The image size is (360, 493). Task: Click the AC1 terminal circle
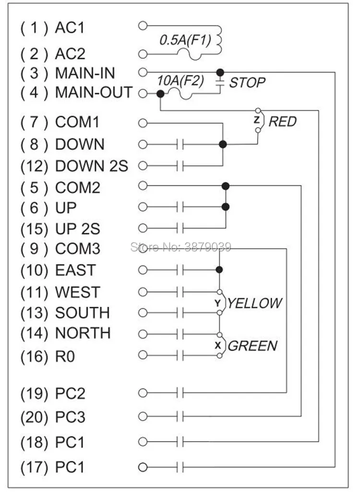click(143, 26)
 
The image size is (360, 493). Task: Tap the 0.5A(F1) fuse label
click(185, 40)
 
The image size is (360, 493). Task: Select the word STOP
click(247, 83)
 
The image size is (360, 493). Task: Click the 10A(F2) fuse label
click(180, 81)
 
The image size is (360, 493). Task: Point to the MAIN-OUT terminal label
click(94, 93)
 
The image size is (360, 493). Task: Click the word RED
click(282, 121)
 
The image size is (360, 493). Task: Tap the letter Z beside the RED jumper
click(256, 120)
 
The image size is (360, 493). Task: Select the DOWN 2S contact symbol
click(180, 166)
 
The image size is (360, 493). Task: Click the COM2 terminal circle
click(143, 186)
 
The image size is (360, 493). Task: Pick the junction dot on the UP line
click(226, 207)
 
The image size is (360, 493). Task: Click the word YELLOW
click(255, 303)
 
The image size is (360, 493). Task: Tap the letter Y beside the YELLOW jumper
click(217, 303)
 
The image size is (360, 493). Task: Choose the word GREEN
click(252, 346)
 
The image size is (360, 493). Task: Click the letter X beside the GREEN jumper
click(217, 345)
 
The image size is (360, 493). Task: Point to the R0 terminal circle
click(143, 355)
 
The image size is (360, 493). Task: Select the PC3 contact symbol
click(180, 417)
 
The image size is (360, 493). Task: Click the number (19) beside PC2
click(34, 394)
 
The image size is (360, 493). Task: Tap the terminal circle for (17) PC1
click(143, 467)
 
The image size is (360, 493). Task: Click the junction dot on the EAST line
click(219, 270)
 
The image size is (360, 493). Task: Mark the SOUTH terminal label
click(83, 313)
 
